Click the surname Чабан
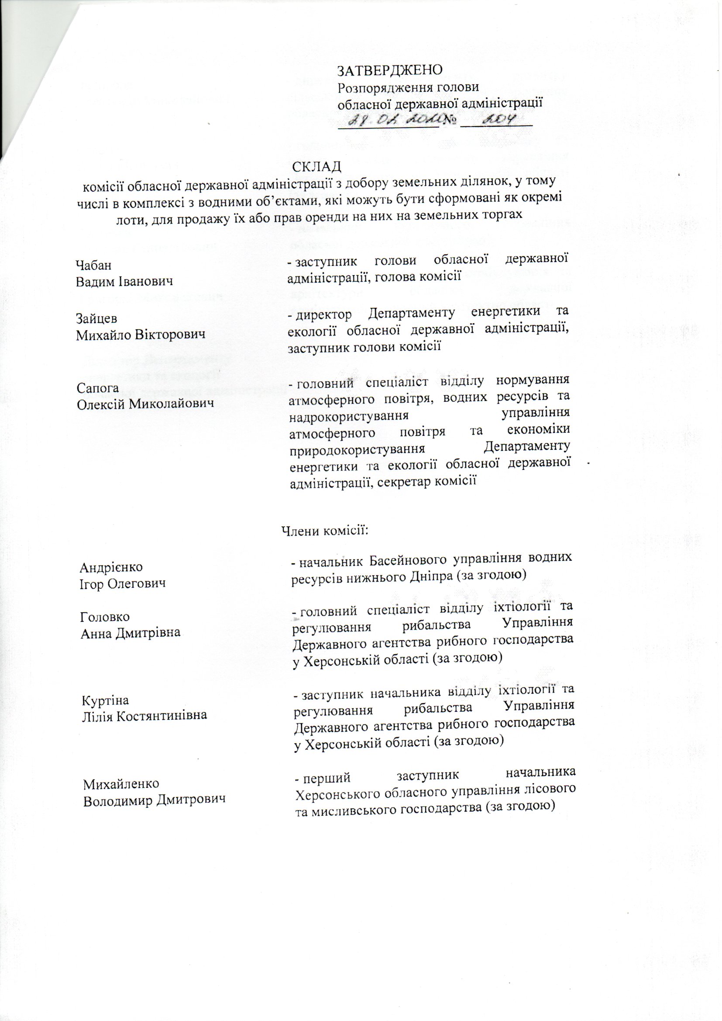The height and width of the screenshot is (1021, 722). click(x=93, y=265)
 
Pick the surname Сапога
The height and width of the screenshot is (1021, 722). click(x=97, y=388)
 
